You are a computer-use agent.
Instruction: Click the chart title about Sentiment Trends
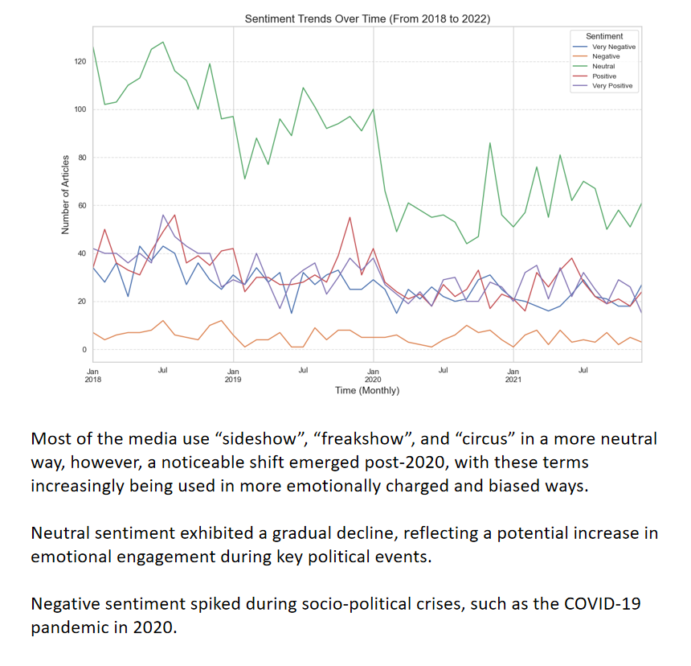tap(367, 18)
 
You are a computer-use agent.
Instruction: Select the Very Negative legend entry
tap(613, 47)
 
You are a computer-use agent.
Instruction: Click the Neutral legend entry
tap(603, 66)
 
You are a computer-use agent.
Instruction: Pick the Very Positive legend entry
tap(612, 85)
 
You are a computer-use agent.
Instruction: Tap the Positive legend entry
tap(604, 76)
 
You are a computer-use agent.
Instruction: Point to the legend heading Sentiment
tap(604, 36)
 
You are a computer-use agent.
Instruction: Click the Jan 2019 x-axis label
tap(233, 374)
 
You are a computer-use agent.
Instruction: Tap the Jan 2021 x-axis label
tap(513, 374)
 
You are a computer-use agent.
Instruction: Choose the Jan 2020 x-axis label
tap(373, 374)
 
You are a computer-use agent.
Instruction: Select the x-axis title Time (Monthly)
tap(367, 390)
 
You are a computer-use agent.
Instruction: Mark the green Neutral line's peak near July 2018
tap(163, 42)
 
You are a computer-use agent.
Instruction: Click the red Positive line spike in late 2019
tap(350, 217)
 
